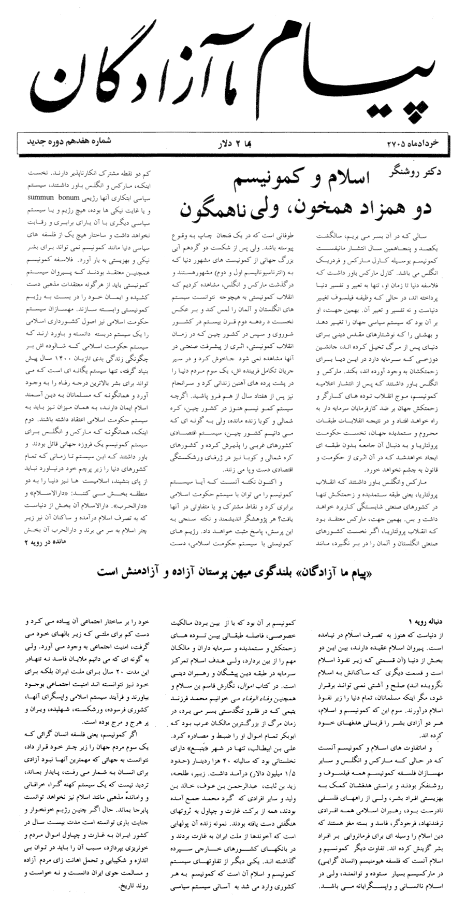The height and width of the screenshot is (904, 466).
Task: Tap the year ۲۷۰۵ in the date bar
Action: (398, 143)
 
